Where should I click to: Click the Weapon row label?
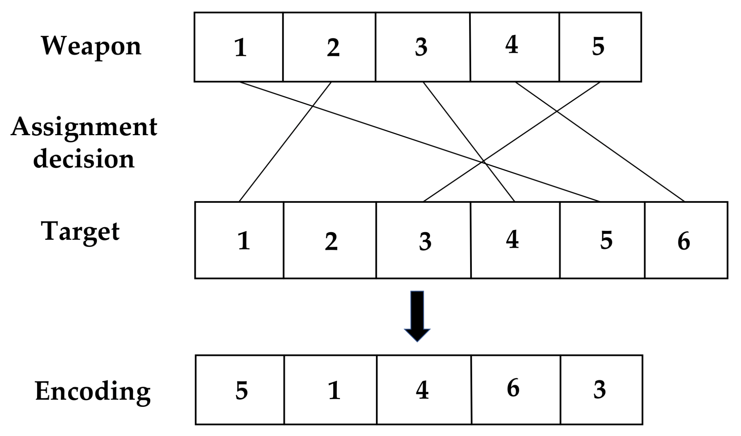pos(91,46)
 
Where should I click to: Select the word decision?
pos(84,159)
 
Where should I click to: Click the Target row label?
pos(80,232)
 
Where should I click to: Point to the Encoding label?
pos(93,391)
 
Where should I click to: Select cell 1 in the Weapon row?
pos(239,47)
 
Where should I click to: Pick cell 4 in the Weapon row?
pos(514,47)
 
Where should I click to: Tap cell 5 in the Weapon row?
pos(600,47)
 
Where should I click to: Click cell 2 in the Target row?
pos(330,240)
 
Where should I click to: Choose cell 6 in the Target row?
pos(686,240)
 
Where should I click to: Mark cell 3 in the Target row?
pos(423,240)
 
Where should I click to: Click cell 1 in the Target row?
pos(239,240)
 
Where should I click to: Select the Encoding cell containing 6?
pos(515,390)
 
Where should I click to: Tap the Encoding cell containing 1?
pos(330,390)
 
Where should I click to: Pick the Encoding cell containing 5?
pos(240,390)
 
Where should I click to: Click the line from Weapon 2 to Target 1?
pos(285,141)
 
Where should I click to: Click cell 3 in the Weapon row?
pos(423,47)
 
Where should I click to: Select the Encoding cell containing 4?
pos(424,390)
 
